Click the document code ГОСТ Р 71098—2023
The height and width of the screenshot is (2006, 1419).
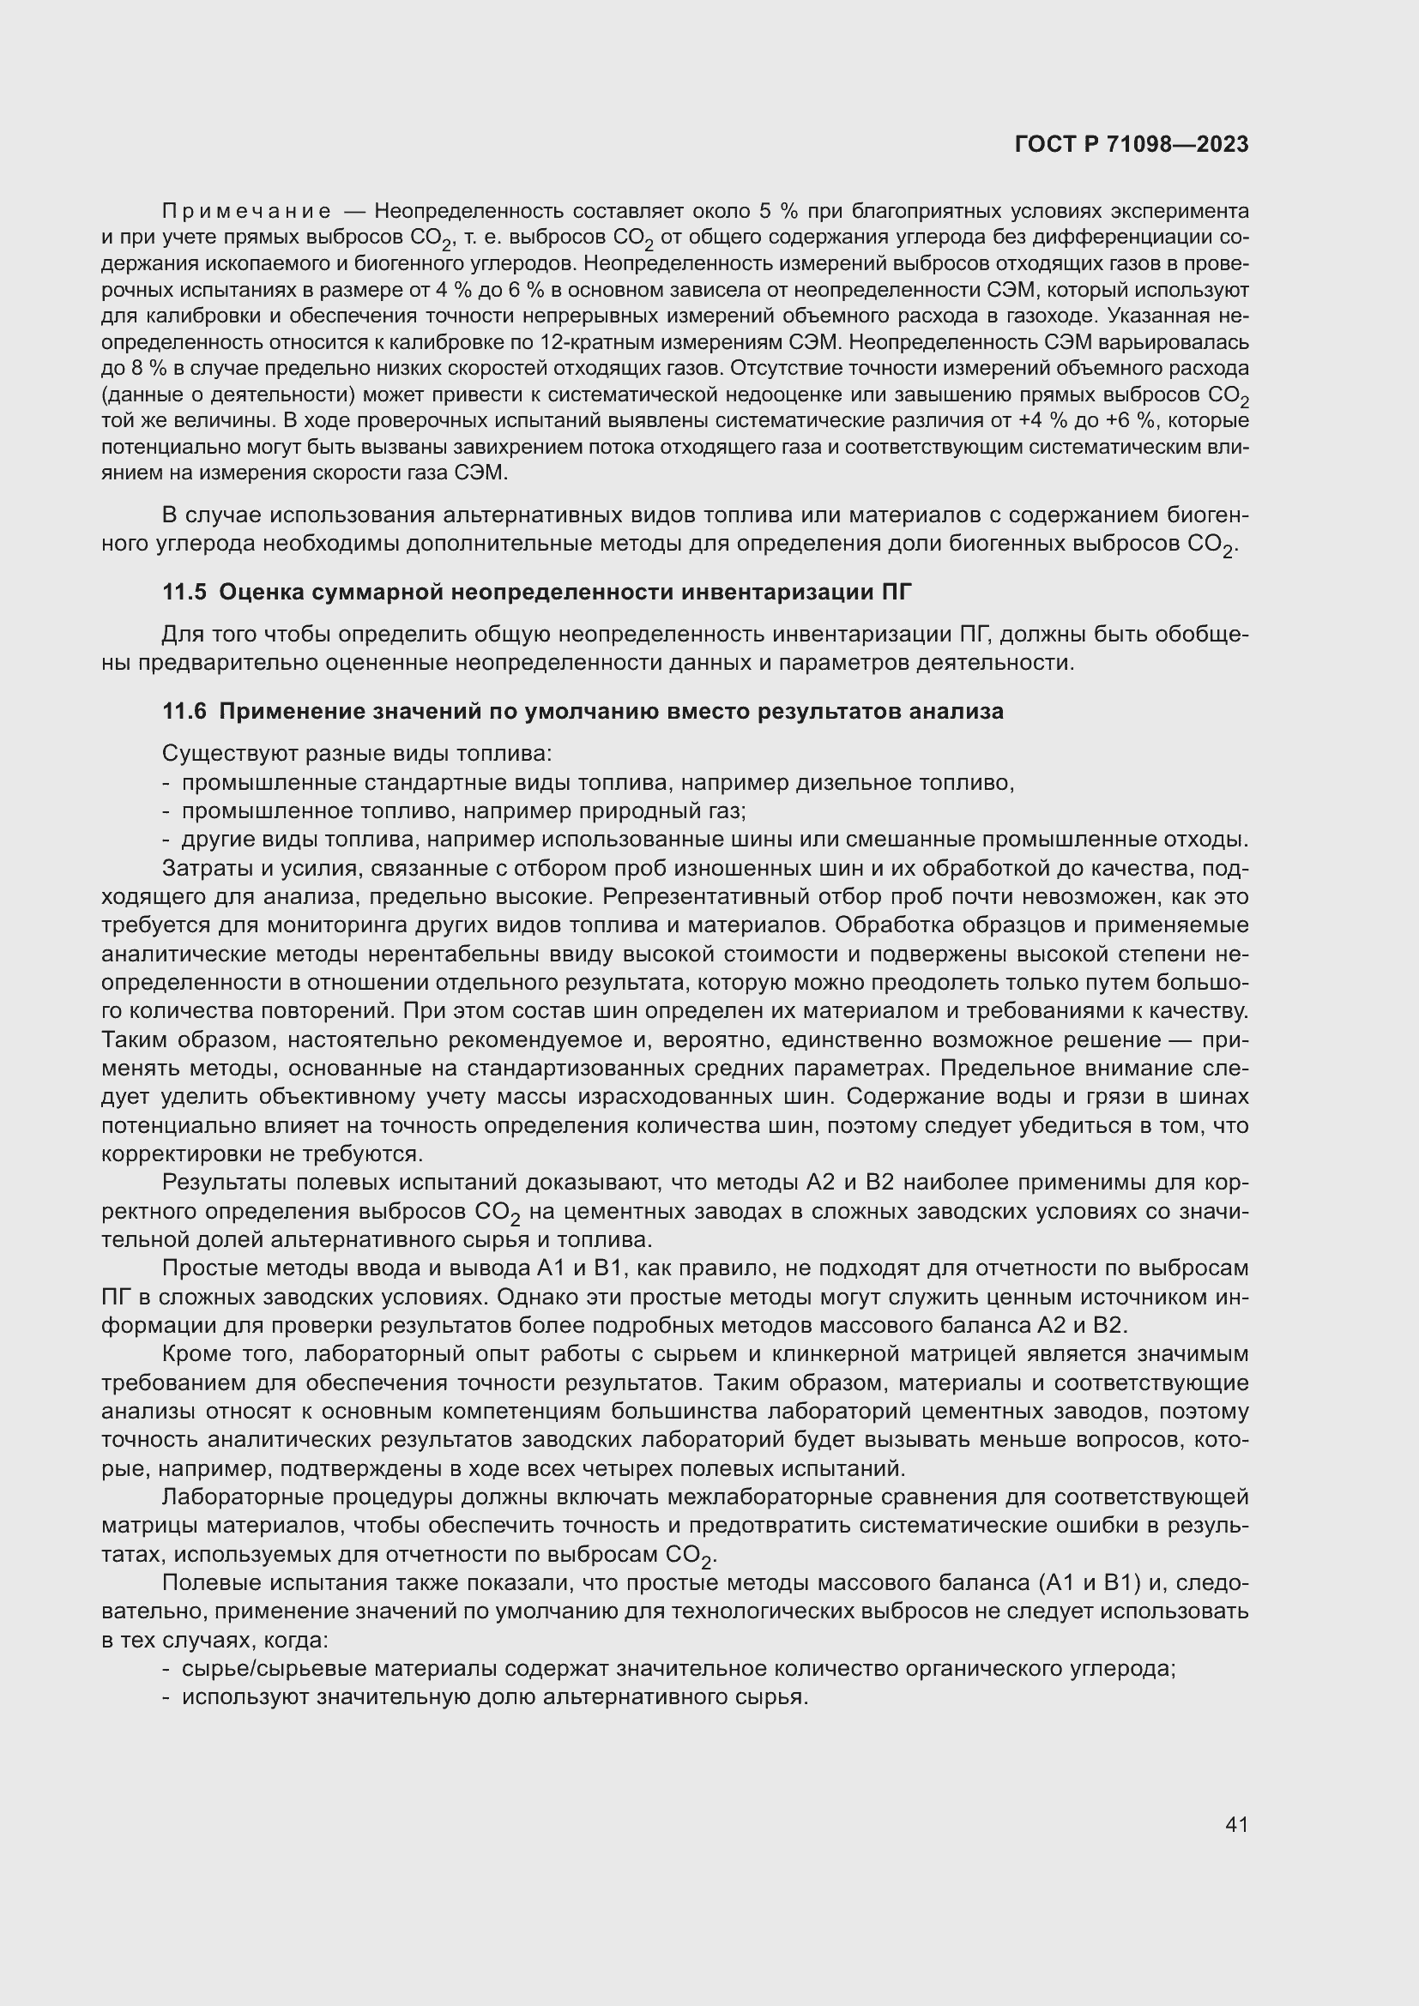(1132, 144)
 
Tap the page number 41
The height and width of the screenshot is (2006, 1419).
(1236, 1824)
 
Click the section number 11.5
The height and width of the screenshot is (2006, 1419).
(184, 593)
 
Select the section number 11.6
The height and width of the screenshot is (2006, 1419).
(184, 711)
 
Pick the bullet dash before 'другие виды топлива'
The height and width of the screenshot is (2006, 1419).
(166, 840)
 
